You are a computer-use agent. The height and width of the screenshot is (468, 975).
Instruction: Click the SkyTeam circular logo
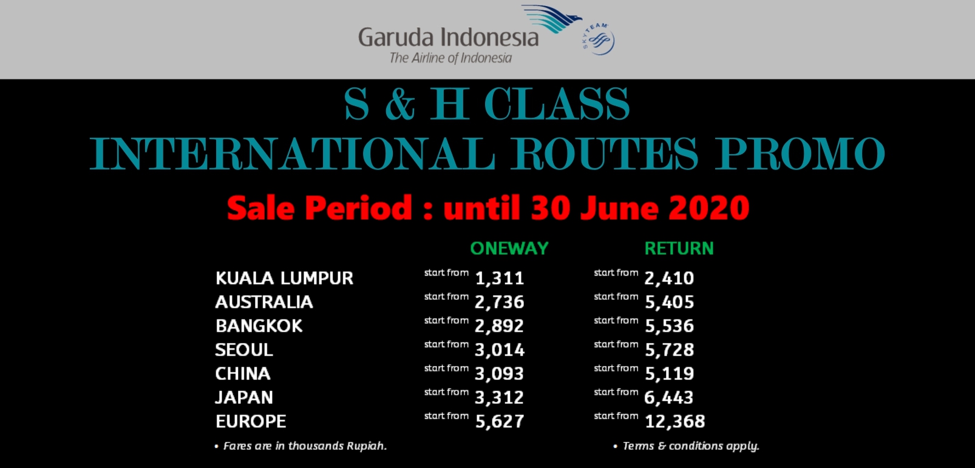(x=599, y=39)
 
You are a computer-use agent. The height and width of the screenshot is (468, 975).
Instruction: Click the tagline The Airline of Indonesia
(x=450, y=58)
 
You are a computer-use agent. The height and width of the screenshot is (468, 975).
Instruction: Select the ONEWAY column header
(x=509, y=248)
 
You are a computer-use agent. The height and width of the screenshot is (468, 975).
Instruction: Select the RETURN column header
(x=679, y=248)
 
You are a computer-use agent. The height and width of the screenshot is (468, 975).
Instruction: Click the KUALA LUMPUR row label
(x=284, y=278)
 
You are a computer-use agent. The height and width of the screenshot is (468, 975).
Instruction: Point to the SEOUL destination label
(x=244, y=350)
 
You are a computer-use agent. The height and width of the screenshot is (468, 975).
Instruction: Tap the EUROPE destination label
(x=251, y=421)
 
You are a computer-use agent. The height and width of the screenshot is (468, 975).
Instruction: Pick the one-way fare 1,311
(x=499, y=279)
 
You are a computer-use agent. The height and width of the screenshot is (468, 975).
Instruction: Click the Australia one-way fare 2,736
(x=499, y=302)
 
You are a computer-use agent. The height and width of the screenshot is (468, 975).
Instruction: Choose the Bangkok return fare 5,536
(x=669, y=326)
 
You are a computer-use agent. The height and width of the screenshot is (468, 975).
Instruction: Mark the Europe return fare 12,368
(x=674, y=421)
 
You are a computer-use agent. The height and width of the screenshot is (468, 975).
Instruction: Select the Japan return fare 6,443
(x=668, y=398)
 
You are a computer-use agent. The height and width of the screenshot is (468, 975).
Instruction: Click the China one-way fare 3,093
(x=499, y=373)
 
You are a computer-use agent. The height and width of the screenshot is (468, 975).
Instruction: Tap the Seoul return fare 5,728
(x=669, y=350)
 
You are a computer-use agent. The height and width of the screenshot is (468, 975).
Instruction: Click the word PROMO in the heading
(x=800, y=153)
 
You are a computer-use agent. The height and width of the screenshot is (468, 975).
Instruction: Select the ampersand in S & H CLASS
(x=400, y=104)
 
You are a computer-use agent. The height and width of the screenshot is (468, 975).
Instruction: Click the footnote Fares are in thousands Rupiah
(x=305, y=446)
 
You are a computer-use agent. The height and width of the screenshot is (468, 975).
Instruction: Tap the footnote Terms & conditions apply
(x=691, y=446)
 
